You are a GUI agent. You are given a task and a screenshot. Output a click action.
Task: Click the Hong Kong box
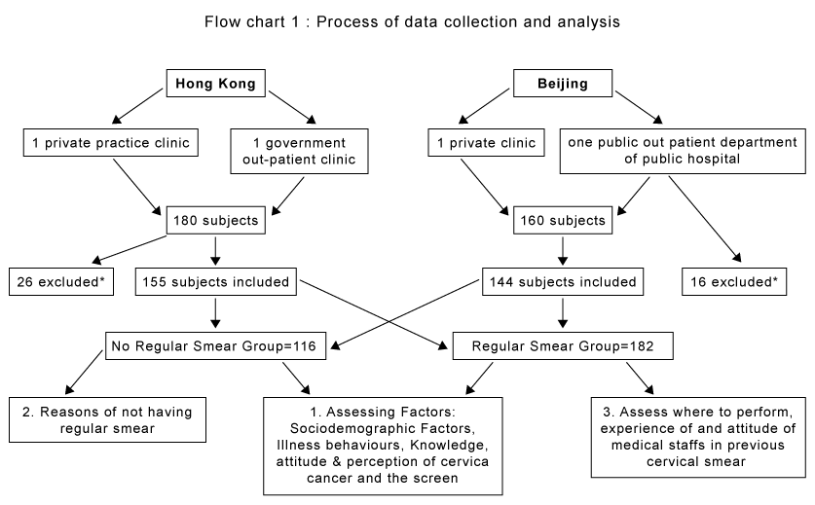point(216,83)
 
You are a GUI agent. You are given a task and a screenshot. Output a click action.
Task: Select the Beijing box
point(563,83)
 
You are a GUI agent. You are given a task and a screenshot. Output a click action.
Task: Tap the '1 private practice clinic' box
point(111,143)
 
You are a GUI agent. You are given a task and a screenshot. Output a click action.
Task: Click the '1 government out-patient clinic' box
point(299,151)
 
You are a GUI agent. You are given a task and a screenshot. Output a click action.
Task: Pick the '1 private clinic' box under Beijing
point(487,143)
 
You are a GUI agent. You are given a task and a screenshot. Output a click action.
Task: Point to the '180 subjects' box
point(216,220)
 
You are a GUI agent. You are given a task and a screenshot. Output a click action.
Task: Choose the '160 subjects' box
point(563,220)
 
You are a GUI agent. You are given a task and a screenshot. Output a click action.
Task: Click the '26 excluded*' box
point(61,281)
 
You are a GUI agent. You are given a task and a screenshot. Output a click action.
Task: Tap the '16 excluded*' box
point(734,281)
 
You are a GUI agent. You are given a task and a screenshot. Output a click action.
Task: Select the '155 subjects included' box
point(216,281)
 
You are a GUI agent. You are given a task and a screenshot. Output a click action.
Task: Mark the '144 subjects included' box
point(563,281)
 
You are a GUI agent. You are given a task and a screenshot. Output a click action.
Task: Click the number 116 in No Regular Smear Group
point(304,346)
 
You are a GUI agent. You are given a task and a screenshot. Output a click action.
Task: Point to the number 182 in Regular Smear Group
point(642,346)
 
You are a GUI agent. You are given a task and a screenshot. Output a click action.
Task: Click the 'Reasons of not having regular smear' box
point(107,419)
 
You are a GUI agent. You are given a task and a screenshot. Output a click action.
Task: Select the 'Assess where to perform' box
point(698,438)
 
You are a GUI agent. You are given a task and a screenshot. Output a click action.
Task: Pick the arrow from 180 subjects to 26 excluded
point(130,249)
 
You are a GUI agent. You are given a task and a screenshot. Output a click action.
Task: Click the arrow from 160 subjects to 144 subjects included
point(563,251)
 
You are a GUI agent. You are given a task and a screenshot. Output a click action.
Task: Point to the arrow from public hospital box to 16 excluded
point(705,219)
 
